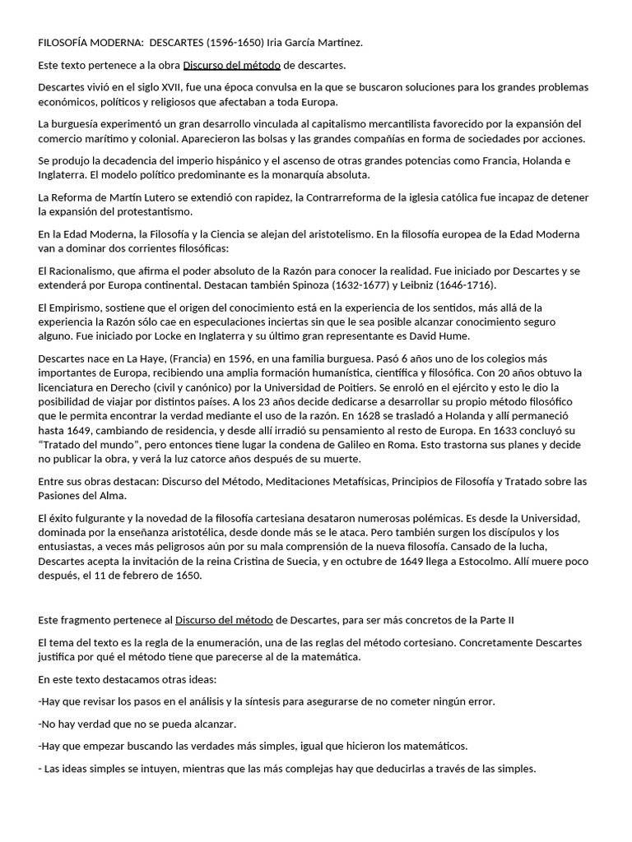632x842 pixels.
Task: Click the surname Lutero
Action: (160, 197)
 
